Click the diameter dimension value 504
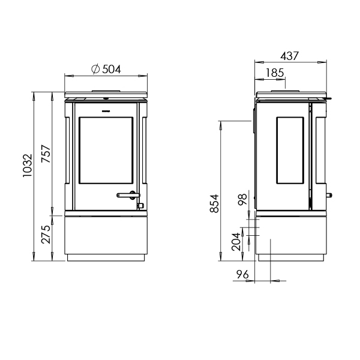click(x=112, y=69)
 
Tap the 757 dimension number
click(x=46, y=154)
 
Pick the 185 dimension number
click(x=274, y=73)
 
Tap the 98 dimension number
click(x=243, y=200)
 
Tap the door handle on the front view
click(x=128, y=194)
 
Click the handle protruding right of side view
click(x=329, y=195)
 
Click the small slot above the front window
click(x=106, y=112)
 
